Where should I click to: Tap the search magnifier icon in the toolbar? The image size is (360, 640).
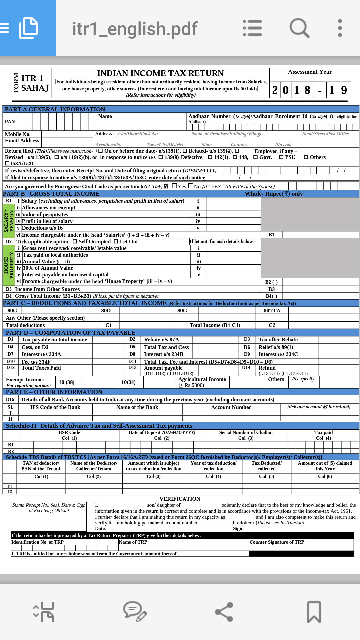[299, 28]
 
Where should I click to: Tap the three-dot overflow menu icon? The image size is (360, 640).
[340, 28]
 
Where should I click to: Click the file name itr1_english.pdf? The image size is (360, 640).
[135, 29]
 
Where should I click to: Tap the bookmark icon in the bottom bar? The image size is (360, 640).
[314, 612]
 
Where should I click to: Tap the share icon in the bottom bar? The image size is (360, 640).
[224, 612]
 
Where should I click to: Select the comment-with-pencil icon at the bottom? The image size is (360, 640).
[135, 612]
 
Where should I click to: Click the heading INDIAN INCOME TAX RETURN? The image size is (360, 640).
[160, 73]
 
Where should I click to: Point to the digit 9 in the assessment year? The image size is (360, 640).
[344, 90]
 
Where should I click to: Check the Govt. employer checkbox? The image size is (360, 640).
[256, 157]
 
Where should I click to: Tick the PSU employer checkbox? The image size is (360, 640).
[281, 157]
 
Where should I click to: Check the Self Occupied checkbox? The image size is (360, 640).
[75, 242]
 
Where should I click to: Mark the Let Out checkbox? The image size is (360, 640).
[116, 242]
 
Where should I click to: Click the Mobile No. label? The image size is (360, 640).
[18, 134]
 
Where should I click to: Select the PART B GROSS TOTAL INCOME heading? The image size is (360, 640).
[51, 194]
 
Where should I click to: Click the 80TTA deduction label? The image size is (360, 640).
[272, 311]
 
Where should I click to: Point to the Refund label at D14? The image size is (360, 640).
[267, 368]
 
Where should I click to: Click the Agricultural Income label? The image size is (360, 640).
[202, 379]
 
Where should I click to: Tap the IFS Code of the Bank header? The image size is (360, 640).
[55, 407]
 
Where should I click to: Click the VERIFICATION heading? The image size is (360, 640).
[180, 499]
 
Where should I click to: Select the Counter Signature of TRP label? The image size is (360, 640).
[277, 542]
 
